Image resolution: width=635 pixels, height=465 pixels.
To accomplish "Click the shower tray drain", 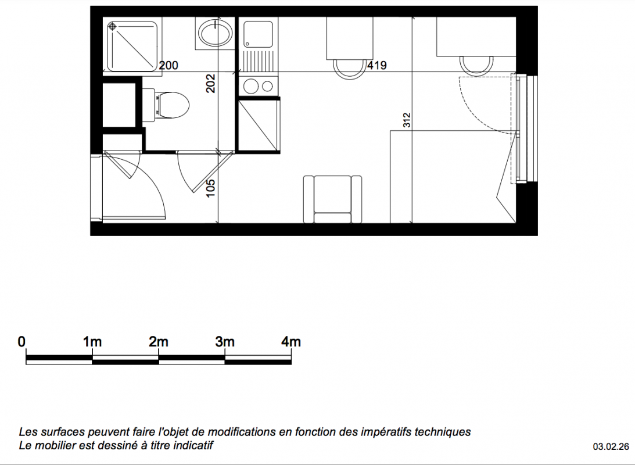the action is tap(112, 27).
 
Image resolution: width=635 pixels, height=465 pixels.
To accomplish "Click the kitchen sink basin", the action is tap(258, 34).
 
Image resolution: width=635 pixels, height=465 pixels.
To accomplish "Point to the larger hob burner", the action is tap(251, 86).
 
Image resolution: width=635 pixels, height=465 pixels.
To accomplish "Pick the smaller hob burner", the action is tap(267, 86).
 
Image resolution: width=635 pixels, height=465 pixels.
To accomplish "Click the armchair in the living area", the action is tap(332, 199).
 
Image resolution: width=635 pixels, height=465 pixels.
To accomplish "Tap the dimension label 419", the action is tap(376, 65).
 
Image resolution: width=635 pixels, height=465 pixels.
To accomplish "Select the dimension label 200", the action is tap(168, 65).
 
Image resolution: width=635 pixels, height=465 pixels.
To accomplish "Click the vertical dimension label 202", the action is tap(210, 83).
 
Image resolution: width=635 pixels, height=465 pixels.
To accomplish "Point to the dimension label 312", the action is tap(407, 120).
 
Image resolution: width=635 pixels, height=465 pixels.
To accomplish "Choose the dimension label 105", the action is tap(210, 188).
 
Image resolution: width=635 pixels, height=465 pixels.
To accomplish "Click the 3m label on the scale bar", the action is tap(225, 342).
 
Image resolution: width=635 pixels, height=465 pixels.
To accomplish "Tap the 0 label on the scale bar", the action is tap(21, 342).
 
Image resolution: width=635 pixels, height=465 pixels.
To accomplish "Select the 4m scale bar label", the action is tap(290, 342).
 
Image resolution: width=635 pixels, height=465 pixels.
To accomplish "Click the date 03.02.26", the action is tap(611, 446).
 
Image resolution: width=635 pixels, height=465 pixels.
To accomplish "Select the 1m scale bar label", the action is tap(92, 342).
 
